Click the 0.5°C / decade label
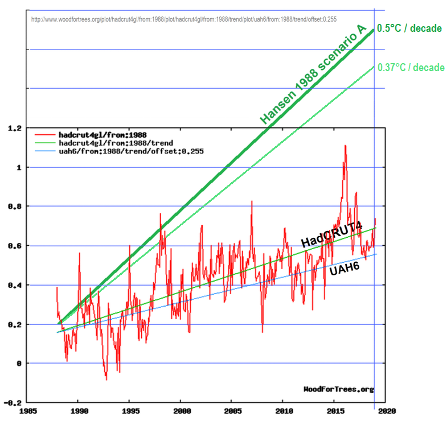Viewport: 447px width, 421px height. (x=409, y=28)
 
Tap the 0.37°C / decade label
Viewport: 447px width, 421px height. (x=411, y=67)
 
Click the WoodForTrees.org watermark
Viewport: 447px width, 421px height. (x=339, y=389)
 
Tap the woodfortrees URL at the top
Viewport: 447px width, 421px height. (x=184, y=19)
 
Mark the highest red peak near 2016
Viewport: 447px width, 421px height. (x=345, y=146)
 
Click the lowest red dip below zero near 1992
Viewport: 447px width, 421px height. (x=106, y=379)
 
